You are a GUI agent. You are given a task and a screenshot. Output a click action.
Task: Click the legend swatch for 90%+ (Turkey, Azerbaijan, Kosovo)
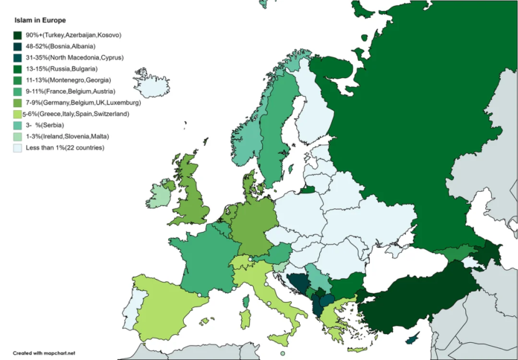point(17,35)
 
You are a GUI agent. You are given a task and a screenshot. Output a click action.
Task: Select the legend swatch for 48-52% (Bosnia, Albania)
point(17,46)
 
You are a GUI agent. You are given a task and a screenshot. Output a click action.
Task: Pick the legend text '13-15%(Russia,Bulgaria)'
point(63,68)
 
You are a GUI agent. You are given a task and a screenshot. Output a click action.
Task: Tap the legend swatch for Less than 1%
point(17,147)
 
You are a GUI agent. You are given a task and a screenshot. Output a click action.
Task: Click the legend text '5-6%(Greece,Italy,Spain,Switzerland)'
point(76,114)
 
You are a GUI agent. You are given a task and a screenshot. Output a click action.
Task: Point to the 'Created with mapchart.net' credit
point(45,352)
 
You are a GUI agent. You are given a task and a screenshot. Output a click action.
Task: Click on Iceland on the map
point(155,84)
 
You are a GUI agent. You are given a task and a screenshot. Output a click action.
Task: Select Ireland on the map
point(159,196)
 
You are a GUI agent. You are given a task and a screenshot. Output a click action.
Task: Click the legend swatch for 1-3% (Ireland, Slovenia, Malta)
point(17,136)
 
